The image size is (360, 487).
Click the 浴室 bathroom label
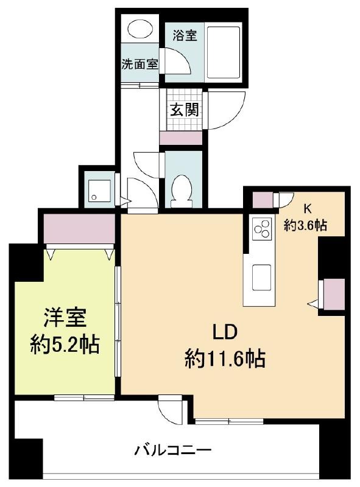point(185,35)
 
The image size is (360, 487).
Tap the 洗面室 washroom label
point(139,64)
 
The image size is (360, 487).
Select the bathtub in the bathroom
point(224,53)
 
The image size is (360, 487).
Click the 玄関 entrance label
point(184,110)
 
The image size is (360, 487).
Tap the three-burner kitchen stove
point(262,229)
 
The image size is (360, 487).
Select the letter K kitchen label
point(307,209)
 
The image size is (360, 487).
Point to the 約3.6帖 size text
point(305,224)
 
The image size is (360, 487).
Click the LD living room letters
point(225,332)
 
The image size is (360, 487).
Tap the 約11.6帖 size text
point(225,358)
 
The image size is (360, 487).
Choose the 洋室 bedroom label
point(65,317)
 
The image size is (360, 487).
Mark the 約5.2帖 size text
point(65,344)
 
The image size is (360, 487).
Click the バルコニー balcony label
point(173,449)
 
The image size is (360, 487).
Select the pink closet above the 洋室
point(79,229)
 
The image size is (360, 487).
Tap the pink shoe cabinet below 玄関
point(181,138)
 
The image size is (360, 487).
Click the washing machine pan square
point(99,191)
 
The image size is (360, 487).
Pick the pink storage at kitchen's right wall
point(334,294)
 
